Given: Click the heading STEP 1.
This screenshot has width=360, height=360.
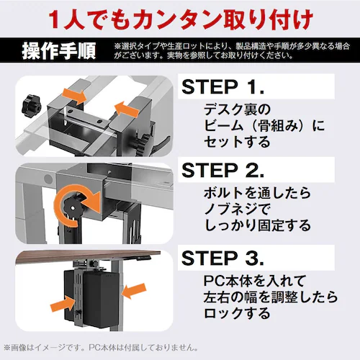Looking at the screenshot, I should coord(224,89).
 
